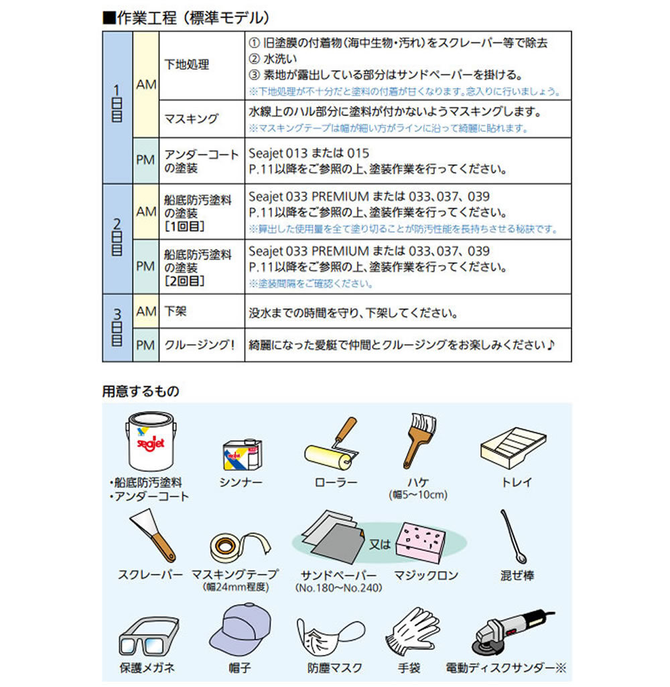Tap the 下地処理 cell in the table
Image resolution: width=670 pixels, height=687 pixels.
pos(187,65)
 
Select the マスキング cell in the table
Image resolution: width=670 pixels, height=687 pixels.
pos(192,119)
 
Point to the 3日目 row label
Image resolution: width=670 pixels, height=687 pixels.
pos(117,327)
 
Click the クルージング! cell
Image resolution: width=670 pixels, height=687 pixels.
pos(199,346)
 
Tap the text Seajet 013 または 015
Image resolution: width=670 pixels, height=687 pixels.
pos(309,153)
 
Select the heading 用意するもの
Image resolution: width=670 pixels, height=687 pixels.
pos(140,390)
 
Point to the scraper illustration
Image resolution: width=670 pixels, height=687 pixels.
pos(151,535)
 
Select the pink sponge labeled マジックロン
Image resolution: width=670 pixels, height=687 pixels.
pos(420,540)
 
